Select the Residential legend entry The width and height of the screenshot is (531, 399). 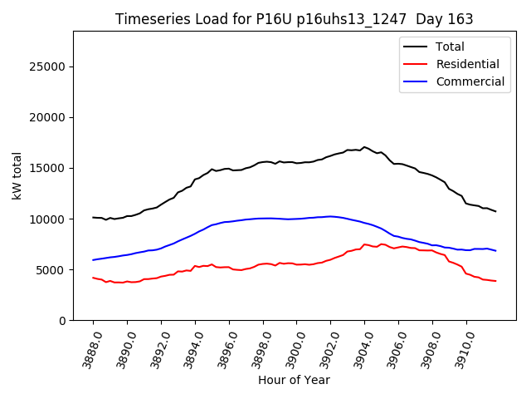pyautogui.click(x=467, y=64)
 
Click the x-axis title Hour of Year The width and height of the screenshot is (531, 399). pyautogui.click(x=294, y=380)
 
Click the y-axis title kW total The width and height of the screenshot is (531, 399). pyautogui.click(x=17, y=175)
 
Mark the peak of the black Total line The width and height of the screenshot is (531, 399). pyautogui.click(x=364, y=147)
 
